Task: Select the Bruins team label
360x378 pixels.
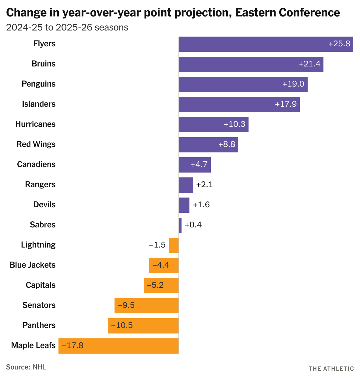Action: [44, 64]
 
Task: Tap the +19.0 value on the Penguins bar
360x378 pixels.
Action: [293, 84]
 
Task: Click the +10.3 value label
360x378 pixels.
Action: [235, 124]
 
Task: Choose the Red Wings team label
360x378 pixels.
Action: [36, 144]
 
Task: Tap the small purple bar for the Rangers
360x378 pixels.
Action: [186, 185]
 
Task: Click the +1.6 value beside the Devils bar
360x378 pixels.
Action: [201, 205]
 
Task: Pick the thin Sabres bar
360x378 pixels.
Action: [180, 225]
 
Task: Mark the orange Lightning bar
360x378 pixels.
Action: [174, 245]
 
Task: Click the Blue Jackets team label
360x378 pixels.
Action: [33, 265]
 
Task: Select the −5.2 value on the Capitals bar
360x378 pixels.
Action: [155, 285]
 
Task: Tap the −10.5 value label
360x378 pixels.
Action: [122, 325]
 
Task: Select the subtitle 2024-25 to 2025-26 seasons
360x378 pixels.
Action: [67, 27]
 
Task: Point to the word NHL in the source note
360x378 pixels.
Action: [39, 367]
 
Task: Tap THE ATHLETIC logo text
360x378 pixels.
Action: [331, 369]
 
